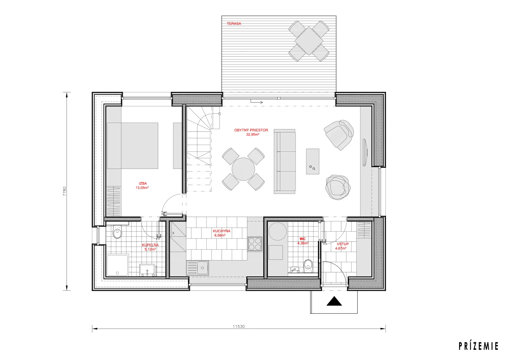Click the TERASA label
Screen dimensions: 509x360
point(234,23)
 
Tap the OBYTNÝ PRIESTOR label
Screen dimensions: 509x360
point(251,130)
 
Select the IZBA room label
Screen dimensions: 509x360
point(143,183)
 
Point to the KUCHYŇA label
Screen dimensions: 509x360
point(222,231)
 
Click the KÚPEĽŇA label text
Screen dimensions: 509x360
point(150,245)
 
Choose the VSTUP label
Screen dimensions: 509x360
point(343,244)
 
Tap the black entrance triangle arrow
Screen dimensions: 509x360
point(334,301)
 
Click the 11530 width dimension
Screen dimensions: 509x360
point(239,326)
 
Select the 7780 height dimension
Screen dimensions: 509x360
point(64,191)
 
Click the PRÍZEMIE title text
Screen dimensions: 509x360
point(478,346)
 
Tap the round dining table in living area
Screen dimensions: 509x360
point(243,169)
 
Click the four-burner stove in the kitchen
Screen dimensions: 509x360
point(255,244)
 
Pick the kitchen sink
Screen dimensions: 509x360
point(197,268)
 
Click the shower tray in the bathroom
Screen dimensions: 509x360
point(117,265)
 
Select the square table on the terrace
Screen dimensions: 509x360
point(309,41)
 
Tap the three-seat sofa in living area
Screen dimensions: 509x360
point(285,161)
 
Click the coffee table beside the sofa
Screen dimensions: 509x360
point(313,161)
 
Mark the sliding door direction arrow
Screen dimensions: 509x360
point(257,102)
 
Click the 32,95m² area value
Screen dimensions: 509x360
point(253,134)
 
